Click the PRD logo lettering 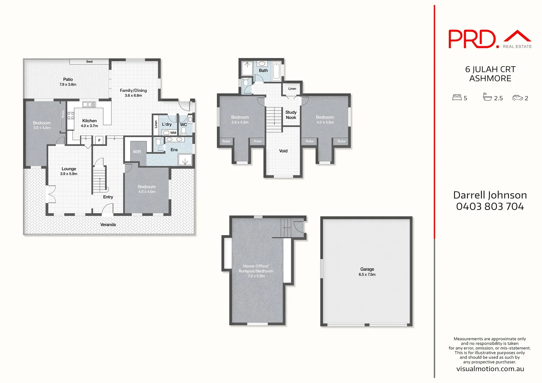pyautogui.click(x=472, y=39)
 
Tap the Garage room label pyautogui.click(x=367, y=269)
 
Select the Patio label pyautogui.click(x=68, y=79)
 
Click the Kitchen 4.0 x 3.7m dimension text pyautogui.click(x=89, y=126)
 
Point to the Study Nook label pyautogui.click(x=291, y=115)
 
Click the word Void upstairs pyautogui.click(x=283, y=151)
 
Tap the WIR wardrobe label pyautogui.click(x=137, y=152)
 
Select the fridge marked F pyautogui.click(x=99, y=140)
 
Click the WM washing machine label pyautogui.click(x=173, y=133)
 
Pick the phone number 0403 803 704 pyautogui.click(x=490, y=206)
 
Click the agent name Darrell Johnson pyautogui.click(x=490, y=195)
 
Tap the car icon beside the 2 pyautogui.click(x=517, y=98)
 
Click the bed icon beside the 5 pyautogui.click(x=457, y=98)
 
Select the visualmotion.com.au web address pyautogui.click(x=490, y=369)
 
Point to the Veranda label pyautogui.click(x=108, y=224)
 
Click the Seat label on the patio pyautogui.click(x=89, y=62)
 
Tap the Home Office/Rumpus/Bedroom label pyautogui.click(x=256, y=268)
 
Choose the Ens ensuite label pyautogui.click(x=174, y=150)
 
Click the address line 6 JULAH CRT pyautogui.click(x=490, y=70)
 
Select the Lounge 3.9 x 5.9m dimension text pyautogui.click(x=69, y=174)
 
